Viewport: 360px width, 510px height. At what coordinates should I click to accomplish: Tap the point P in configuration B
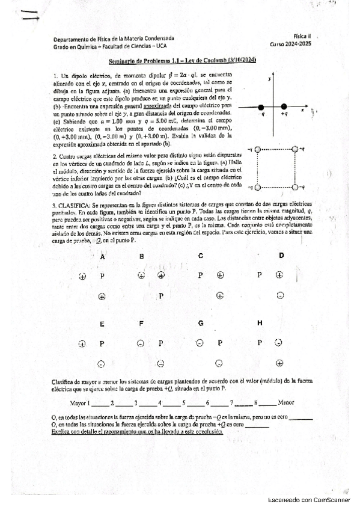click(161, 296)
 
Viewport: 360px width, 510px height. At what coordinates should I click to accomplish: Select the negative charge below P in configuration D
click(280, 295)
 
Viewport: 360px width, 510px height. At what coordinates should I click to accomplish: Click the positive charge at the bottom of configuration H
click(279, 363)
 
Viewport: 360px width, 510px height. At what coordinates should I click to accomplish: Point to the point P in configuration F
click(160, 343)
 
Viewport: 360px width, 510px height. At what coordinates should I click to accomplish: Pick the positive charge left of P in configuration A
click(82, 276)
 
